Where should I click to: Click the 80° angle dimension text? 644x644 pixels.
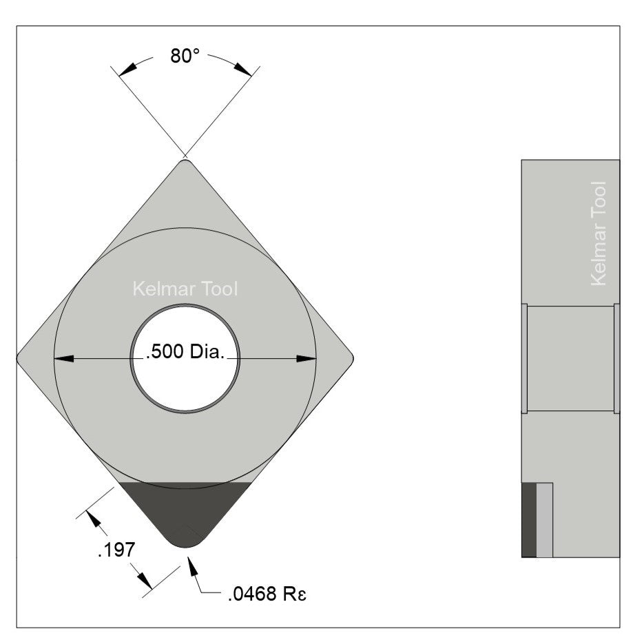[185, 56]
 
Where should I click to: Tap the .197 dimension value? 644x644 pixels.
[112, 550]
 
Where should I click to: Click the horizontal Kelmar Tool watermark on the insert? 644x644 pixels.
[185, 289]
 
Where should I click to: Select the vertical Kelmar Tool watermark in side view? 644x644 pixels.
[599, 233]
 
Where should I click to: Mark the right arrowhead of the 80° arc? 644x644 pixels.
[242, 69]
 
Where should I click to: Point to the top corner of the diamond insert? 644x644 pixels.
[185, 163]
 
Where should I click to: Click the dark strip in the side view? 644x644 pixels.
[528, 520]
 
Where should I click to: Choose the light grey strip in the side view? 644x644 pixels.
[544, 520]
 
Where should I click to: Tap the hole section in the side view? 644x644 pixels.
[570, 358]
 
